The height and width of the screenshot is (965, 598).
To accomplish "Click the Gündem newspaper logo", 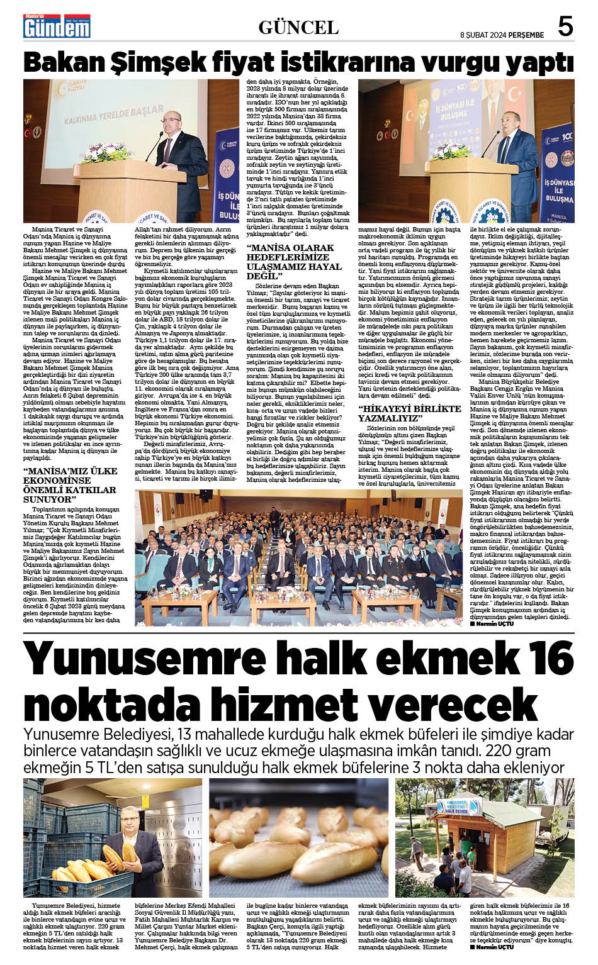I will click(x=57, y=26).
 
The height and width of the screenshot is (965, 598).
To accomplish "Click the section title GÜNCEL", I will click(x=298, y=27).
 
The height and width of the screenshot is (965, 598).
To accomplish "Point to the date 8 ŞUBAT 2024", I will click(x=483, y=35).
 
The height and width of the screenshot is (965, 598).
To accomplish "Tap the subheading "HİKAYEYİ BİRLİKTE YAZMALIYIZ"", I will click(x=409, y=413).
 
